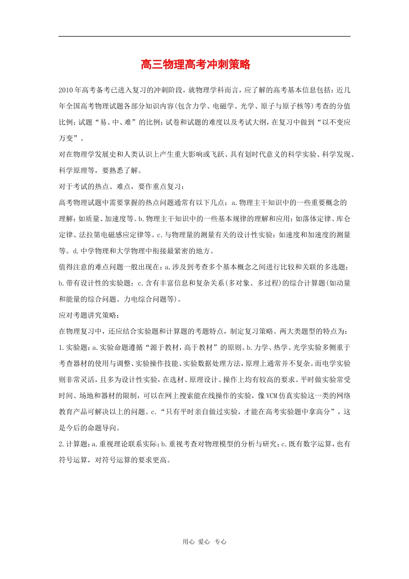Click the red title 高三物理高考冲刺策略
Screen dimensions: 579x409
(x=195, y=65)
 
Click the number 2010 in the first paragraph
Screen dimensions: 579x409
(x=66, y=90)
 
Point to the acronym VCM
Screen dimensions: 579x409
(x=272, y=395)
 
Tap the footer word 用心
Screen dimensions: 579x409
(x=189, y=542)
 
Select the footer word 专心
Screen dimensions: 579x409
(x=220, y=542)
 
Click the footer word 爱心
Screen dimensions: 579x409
(x=204, y=542)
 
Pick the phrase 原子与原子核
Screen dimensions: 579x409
(x=282, y=106)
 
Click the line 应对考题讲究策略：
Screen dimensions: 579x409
(x=90, y=315)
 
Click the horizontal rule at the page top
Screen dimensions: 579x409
(x=204, y=36)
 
